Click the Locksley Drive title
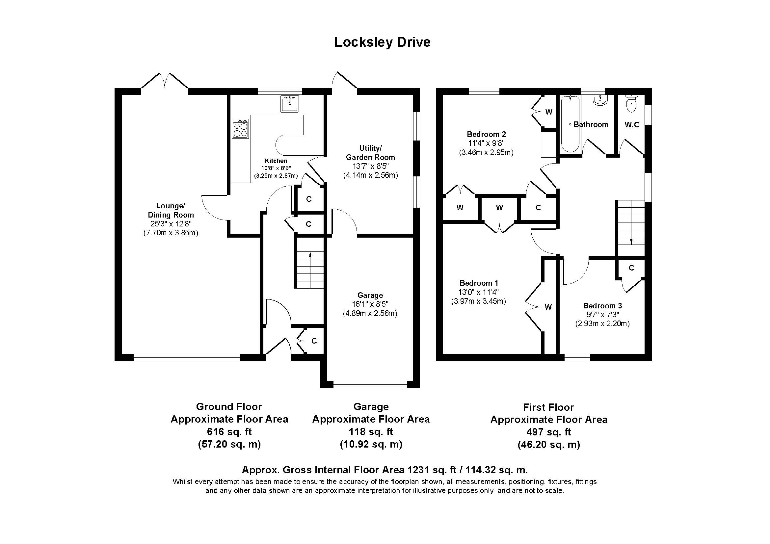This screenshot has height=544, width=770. click(382, 42)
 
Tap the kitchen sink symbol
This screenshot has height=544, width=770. click(289, 104)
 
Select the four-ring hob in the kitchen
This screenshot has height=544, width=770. click(240, 128)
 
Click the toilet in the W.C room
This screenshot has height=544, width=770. click(631, 103)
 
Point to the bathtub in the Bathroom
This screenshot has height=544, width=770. click(570, 124)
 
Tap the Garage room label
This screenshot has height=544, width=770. click(370, 295)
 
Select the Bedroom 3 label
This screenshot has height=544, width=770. click(602, 306)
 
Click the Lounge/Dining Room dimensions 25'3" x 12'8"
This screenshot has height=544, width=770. click(171, 224)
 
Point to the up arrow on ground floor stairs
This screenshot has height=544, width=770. click(310, 255)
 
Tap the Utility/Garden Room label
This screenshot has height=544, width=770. click(370, 152)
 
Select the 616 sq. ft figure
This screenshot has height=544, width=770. click(229, 432)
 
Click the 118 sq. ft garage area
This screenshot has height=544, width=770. click(371, 432)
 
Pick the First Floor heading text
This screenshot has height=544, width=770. click(549, 407)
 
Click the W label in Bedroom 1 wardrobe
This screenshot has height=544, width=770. click(548, 307)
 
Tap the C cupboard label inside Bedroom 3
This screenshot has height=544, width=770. click(631, 268)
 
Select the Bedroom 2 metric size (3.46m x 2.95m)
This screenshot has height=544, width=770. click(486, 152)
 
